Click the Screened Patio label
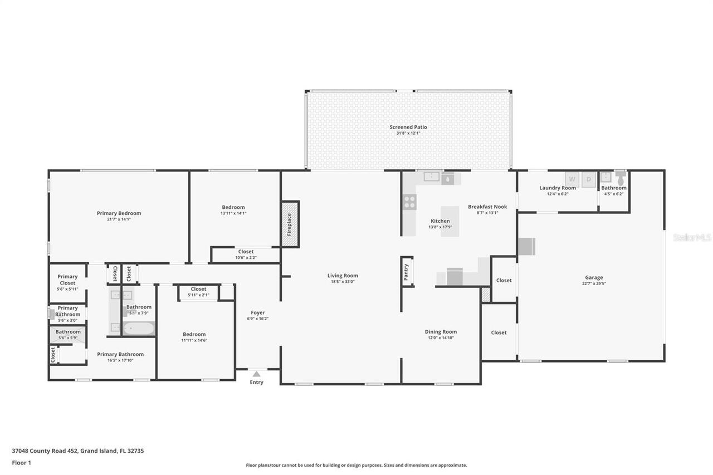[x=408, y=127]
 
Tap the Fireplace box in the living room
[x=290, y=224]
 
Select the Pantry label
[x=406, y=272]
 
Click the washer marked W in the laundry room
[x=572, y=179]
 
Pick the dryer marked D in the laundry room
[x=589, y=179]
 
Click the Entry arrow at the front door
[x=256, y=374]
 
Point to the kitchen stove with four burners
[x=409, y=202]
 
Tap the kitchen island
[x=450, y=221]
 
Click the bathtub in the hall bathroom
[x=138, y=329]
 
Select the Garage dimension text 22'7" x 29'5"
[x=594, y=283]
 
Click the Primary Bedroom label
[x=119, y=213]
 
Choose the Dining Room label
[x=441, y=332]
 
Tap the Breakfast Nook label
[x=487, y=207]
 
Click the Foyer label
[x=257, y=313]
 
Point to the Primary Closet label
[x=67, y=280]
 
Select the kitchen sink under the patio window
[x=432, y=177]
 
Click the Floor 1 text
[x=21, y=463]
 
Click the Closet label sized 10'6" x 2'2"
[x=246, y=252]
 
